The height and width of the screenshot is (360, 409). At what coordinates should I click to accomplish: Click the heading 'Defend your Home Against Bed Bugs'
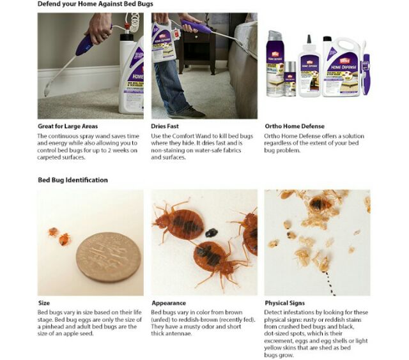tap(95, 4)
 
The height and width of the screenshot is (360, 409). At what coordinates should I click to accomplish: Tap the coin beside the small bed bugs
tap(109, 257)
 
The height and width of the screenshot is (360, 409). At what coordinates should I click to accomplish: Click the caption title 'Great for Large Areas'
tap(68, 126)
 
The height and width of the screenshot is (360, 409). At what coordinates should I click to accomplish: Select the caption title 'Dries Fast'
tap(165, 126)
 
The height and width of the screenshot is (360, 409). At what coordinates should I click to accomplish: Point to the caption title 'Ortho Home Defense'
tap(295, 126)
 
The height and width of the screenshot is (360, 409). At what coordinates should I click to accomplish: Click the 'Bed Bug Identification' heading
tap(73, 180)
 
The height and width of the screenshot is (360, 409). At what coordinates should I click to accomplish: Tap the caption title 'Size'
tap(44, 303)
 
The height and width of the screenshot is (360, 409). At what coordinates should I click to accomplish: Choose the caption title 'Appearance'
tap(169, 303)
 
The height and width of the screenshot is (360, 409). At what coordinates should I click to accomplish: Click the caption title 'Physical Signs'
tap(285, 303)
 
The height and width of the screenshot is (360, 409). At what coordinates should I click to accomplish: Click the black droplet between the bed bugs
tap(212, 232)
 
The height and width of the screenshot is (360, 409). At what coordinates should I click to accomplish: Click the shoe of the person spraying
tap(188, 113)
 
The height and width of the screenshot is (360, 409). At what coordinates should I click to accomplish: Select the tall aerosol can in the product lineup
tap(274, 63)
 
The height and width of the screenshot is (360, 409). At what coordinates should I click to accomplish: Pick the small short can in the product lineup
tap(289, 79)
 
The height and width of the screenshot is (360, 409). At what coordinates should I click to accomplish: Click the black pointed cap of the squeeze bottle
tap(309, 39)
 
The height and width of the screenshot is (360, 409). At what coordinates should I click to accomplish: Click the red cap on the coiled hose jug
tap(127, 26)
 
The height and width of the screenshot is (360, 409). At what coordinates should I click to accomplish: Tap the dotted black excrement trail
tap(329, 283)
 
